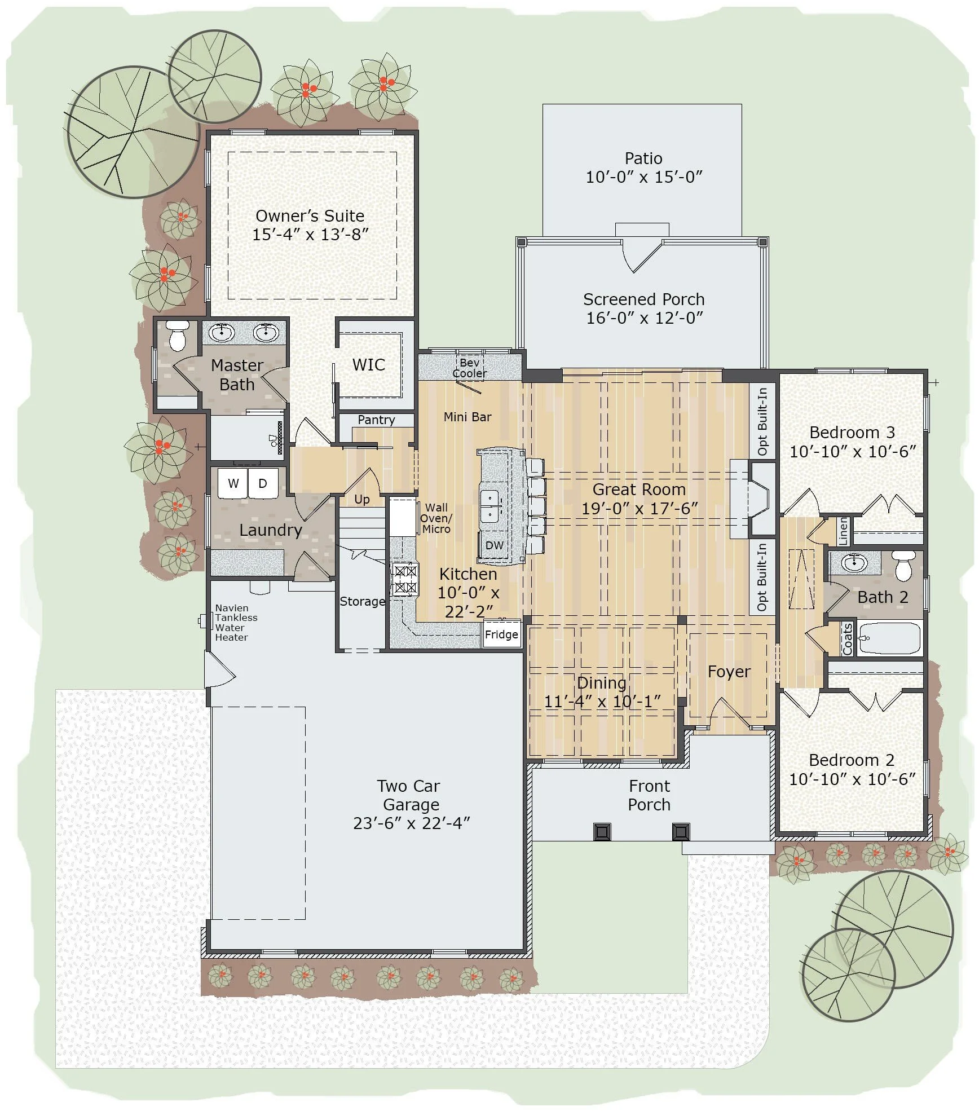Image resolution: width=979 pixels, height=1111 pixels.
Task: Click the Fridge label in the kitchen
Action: click(501, 634)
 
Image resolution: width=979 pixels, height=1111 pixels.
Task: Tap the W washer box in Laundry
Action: click(233, 483)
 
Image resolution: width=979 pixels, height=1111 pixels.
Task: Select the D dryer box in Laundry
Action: click(263, 483)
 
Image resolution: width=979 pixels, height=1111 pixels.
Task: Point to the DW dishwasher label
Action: click(494, 545)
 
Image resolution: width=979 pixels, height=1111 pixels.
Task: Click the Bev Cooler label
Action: click(469, 368)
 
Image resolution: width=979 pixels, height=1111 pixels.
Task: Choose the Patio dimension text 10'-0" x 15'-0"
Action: click(643, 177)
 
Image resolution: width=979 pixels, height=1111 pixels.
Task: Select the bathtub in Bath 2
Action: click(889, 638)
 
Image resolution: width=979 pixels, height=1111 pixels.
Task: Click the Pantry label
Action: click(376, 420)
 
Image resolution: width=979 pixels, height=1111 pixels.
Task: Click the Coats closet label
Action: click(847, 639)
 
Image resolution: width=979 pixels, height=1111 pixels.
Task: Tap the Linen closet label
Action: click(843, 531)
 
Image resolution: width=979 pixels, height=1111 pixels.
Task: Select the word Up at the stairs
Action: click(362, 499)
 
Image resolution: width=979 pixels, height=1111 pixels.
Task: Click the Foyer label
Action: click(729, 672)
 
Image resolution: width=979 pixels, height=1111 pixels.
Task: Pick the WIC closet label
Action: click(368, 364)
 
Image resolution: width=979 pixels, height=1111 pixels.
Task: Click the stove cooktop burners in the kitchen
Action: click(405, 580)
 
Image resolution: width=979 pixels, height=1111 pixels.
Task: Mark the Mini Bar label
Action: click(467, 417)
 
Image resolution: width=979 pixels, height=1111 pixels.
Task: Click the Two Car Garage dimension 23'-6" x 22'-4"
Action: click(411, 823)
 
